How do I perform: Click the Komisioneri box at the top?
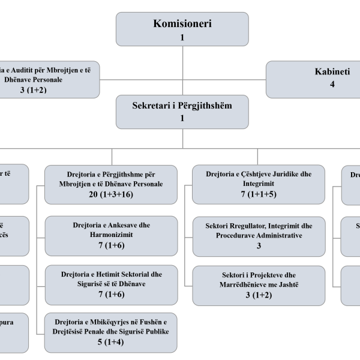[182, 29]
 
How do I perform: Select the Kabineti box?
[313, 79]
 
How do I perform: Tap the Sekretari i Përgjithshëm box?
[182, 111]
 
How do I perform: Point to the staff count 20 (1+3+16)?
[111, 195]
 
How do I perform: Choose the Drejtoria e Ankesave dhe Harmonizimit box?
[111, 235]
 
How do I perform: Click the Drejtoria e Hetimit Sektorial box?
[111, 284]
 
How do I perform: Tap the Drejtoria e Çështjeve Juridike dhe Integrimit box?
[259, 184]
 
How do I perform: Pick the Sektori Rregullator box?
[259, 235]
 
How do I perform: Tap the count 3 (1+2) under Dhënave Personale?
[32, 90]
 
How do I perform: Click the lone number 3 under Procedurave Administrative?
[259, 246]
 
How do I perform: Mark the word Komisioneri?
[182, 24]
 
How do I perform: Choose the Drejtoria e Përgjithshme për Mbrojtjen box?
[111, 184]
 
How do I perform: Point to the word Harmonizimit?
[111, 235]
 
